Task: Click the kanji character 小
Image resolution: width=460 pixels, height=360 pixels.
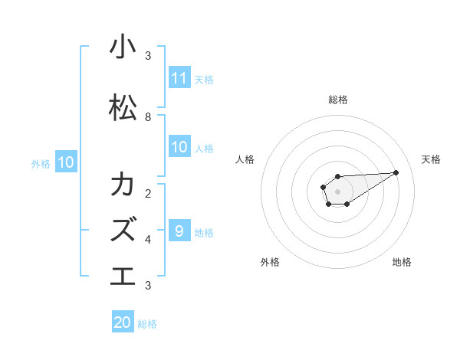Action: [123, 47]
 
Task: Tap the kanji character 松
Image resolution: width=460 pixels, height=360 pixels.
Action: [123, 108]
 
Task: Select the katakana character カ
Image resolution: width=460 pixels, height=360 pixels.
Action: [123, 185]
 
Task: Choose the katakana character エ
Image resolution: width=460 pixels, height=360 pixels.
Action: [123, 275]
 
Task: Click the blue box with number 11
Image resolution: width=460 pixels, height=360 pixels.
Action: [179, 78]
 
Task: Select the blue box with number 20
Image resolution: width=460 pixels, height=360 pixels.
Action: [123, 322]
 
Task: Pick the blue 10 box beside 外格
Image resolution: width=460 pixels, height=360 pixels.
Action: [65, 162]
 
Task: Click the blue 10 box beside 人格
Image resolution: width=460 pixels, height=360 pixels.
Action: [179, 147]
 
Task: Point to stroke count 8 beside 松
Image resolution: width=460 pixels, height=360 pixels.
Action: [148, 117]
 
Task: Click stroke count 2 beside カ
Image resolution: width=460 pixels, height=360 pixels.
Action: [148, 193]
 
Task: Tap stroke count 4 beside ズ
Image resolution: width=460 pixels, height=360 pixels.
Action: [148, 239]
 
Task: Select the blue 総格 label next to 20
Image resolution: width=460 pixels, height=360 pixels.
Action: [147, 324]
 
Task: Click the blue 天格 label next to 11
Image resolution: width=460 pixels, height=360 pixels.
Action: [204, 79]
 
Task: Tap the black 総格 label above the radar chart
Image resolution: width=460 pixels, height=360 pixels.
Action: [337, 100]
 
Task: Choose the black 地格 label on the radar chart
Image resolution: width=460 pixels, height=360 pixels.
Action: [402, 262]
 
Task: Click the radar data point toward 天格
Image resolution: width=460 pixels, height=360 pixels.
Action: [396, 172]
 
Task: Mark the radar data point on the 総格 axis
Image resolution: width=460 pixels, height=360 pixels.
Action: [337, 176]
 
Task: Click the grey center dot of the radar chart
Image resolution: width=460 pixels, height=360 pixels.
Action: [337, 191]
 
